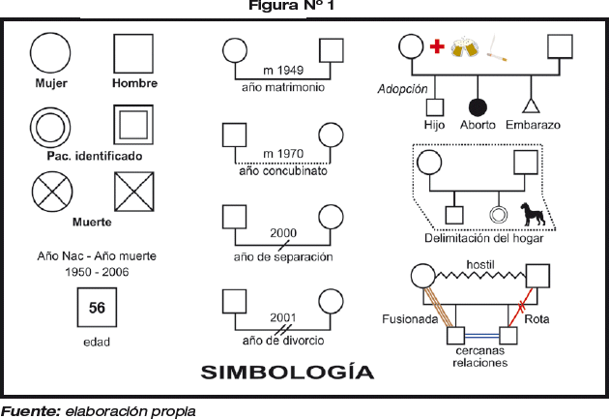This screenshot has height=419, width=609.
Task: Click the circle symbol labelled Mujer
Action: [x=50, y=53]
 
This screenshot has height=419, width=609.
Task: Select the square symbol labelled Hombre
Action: [x=133, y=53]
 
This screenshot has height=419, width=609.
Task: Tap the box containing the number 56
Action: [x=97, y=310]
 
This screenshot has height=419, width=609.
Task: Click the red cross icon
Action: [x=437, y=46]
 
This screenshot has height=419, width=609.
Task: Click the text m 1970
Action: [x=282, y=154]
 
